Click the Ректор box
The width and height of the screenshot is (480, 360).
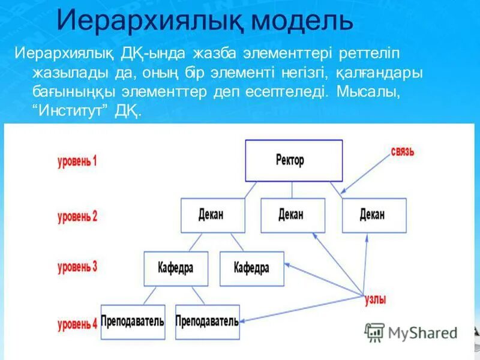(294, 160)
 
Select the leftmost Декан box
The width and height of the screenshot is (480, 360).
(212, 215)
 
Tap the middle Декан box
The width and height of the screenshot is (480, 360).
(292, 215)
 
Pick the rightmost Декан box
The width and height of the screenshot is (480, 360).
(374, 215)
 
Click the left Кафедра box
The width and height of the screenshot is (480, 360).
(176, 268)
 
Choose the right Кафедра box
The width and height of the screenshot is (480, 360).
(252, 268)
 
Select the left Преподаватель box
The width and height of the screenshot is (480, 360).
(133, 322)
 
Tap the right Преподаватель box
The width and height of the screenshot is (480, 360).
(207, 322)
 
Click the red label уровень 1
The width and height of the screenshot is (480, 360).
(77, 161)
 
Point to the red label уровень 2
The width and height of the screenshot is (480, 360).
(77, 216)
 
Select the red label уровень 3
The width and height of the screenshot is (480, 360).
(77, 268)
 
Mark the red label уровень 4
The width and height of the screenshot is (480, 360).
(77, 325)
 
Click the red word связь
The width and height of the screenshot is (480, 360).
(402, 152)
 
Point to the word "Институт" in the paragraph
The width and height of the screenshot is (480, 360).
(71, 111)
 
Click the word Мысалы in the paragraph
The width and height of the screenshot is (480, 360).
(367, 92)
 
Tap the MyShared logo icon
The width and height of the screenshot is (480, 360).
(374, 332)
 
